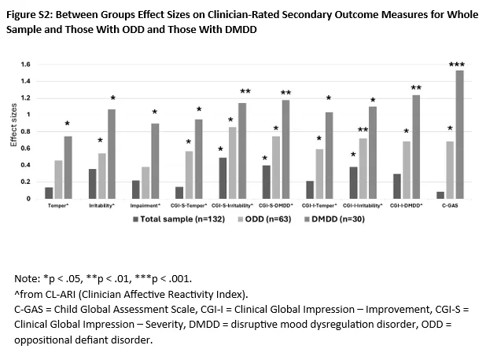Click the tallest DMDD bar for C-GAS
(x=458, y=134)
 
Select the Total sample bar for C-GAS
(x=440, y=195)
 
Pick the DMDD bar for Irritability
(x=112, y=154)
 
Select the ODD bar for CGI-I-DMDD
(x=406, y=171)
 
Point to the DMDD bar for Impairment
(x=156, y=161)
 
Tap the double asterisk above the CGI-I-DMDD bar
(x=416, y=88)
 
